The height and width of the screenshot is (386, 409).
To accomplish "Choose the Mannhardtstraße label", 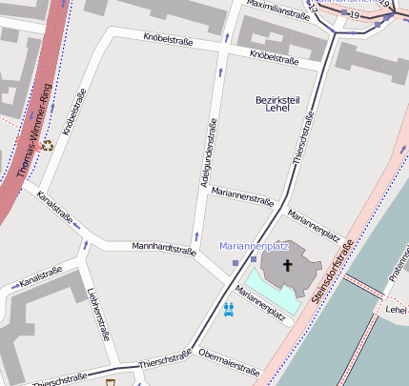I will pos(164,249).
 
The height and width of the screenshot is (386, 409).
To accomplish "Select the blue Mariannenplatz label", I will pos(253,246).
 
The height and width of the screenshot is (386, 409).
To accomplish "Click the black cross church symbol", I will pos(284,265).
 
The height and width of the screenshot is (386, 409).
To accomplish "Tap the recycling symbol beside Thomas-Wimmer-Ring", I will pos(47,146).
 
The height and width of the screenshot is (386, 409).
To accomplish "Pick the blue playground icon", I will pos(229,308).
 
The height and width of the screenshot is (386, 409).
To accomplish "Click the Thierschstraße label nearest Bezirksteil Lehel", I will pos(302,139).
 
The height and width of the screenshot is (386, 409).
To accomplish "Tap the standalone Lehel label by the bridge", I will pos(396,309).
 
